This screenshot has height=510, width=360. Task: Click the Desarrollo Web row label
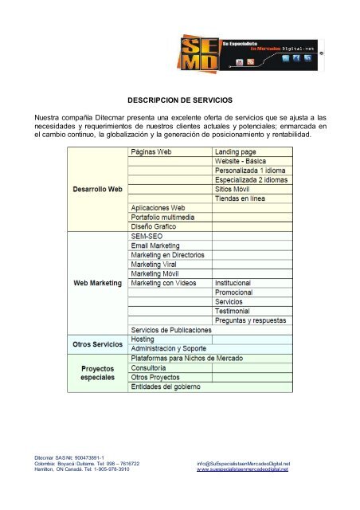pos(93,189)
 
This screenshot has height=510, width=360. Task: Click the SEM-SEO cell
pos(147,237)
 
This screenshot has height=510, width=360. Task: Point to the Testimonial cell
pos(237,311)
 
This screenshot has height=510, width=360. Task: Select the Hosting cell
pos(143,339)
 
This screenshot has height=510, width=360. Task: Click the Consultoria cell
pos(149,367)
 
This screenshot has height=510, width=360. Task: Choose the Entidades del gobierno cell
pos(166,386)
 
